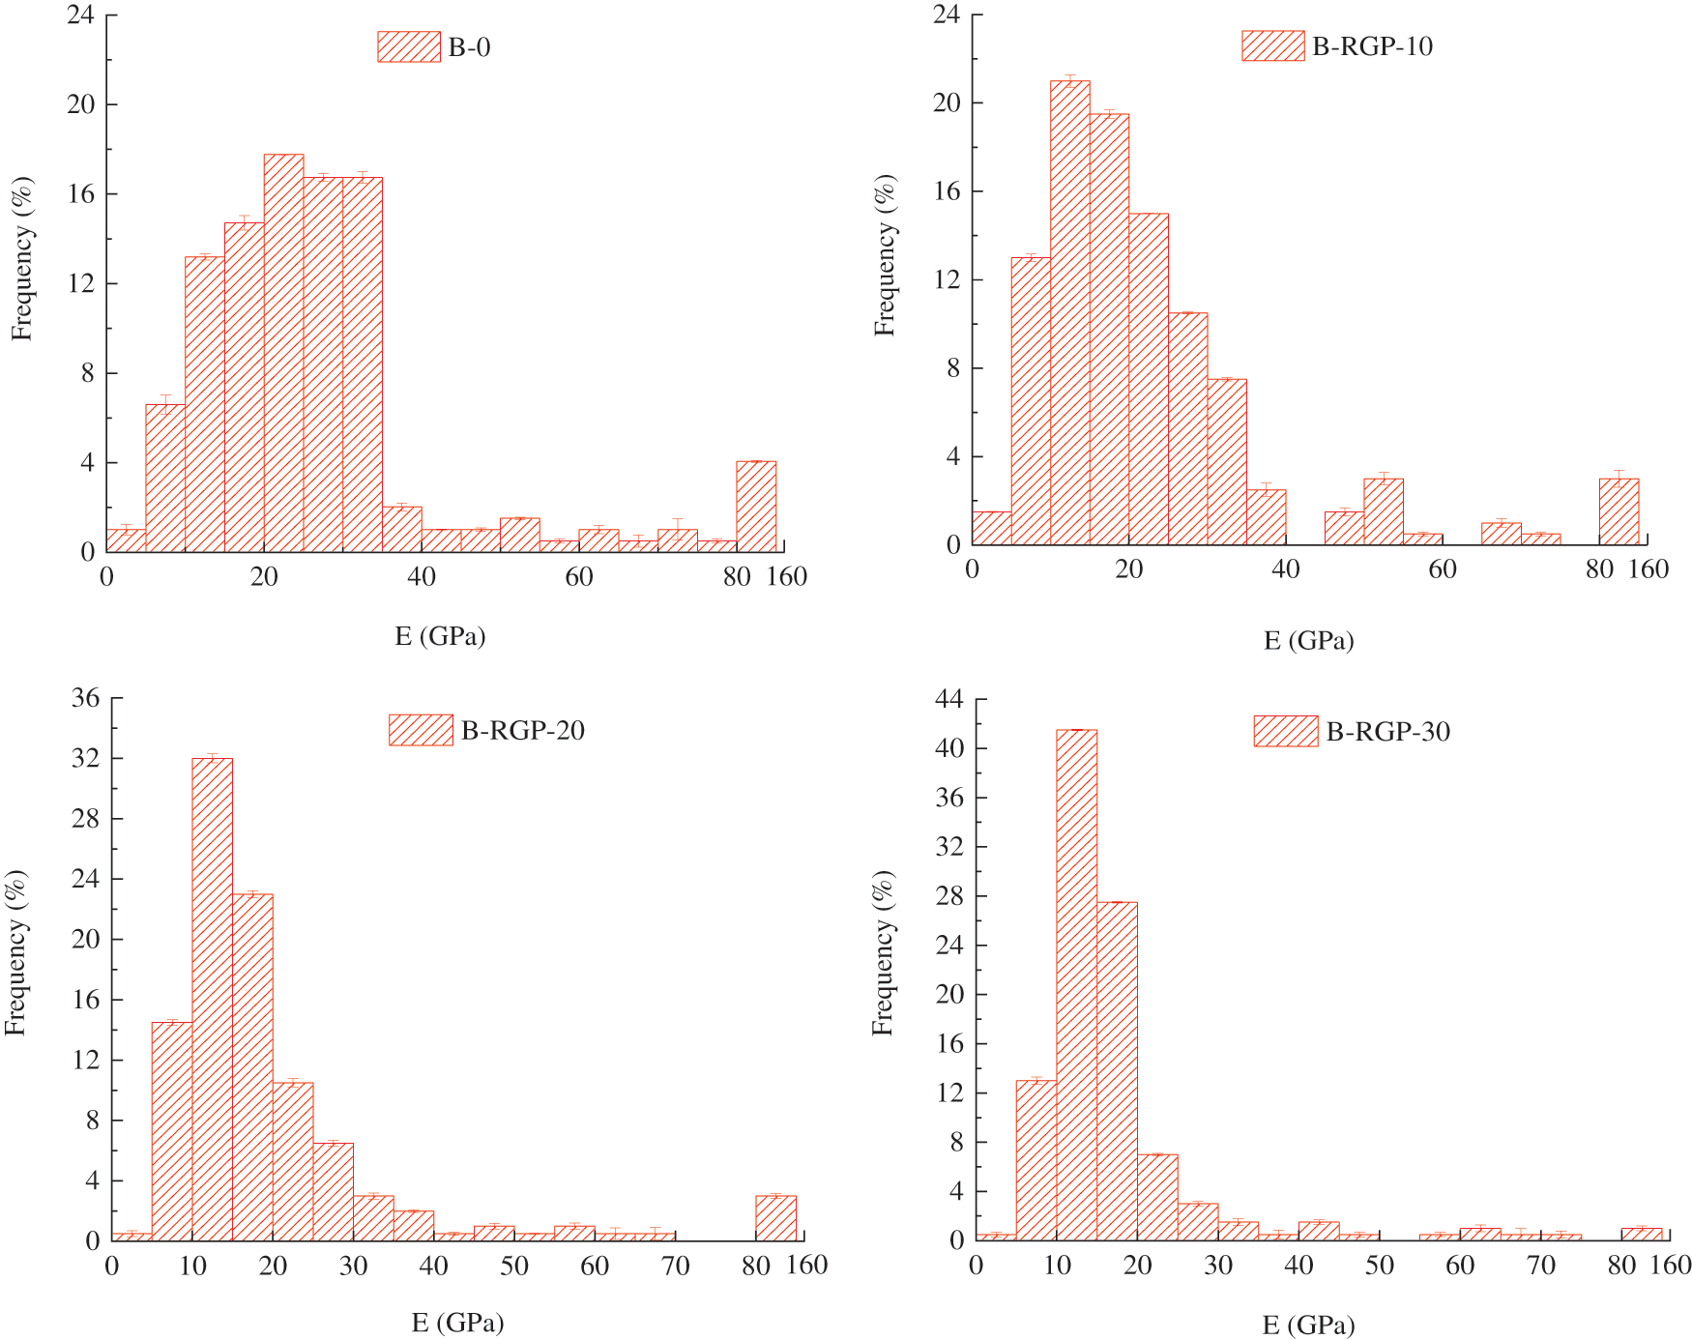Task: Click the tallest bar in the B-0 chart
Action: click(283, 353)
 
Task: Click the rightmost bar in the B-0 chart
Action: click(756, 507)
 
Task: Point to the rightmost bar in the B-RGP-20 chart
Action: click(775, 1218)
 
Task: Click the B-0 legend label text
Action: click(469, 47)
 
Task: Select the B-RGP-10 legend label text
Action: click(1372, 46)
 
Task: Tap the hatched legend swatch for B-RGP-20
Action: click(421, 730)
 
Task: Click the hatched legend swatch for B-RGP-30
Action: click(1285, 732)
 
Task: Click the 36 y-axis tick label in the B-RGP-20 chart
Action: click(86, 698)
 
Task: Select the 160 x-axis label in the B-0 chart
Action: click(787, 577)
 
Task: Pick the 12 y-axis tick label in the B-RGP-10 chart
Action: click(947, 279)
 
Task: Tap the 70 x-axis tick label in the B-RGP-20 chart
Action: click(675, 1266)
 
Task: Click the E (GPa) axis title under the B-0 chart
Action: click(440, 636)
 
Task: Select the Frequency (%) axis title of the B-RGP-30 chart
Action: click(883, 953)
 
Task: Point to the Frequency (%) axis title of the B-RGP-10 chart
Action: click(885, 255)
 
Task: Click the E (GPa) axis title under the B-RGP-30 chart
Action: click(1308, 1325)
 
